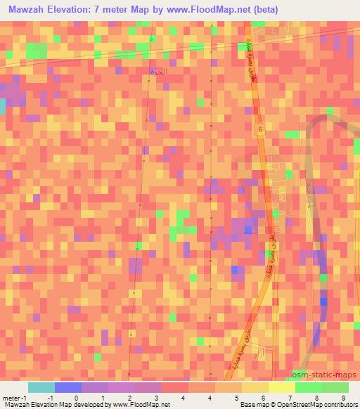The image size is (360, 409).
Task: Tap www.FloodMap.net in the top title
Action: [x=219, y=10]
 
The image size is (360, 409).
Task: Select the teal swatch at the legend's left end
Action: [x=41, y=387]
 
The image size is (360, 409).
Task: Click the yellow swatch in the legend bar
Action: [x=282, y=387]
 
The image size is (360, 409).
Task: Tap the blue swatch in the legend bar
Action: [x=68, y=387]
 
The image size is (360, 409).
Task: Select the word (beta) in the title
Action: [x=263, y=10]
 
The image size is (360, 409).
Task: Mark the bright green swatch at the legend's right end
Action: [x=335, y=387]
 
